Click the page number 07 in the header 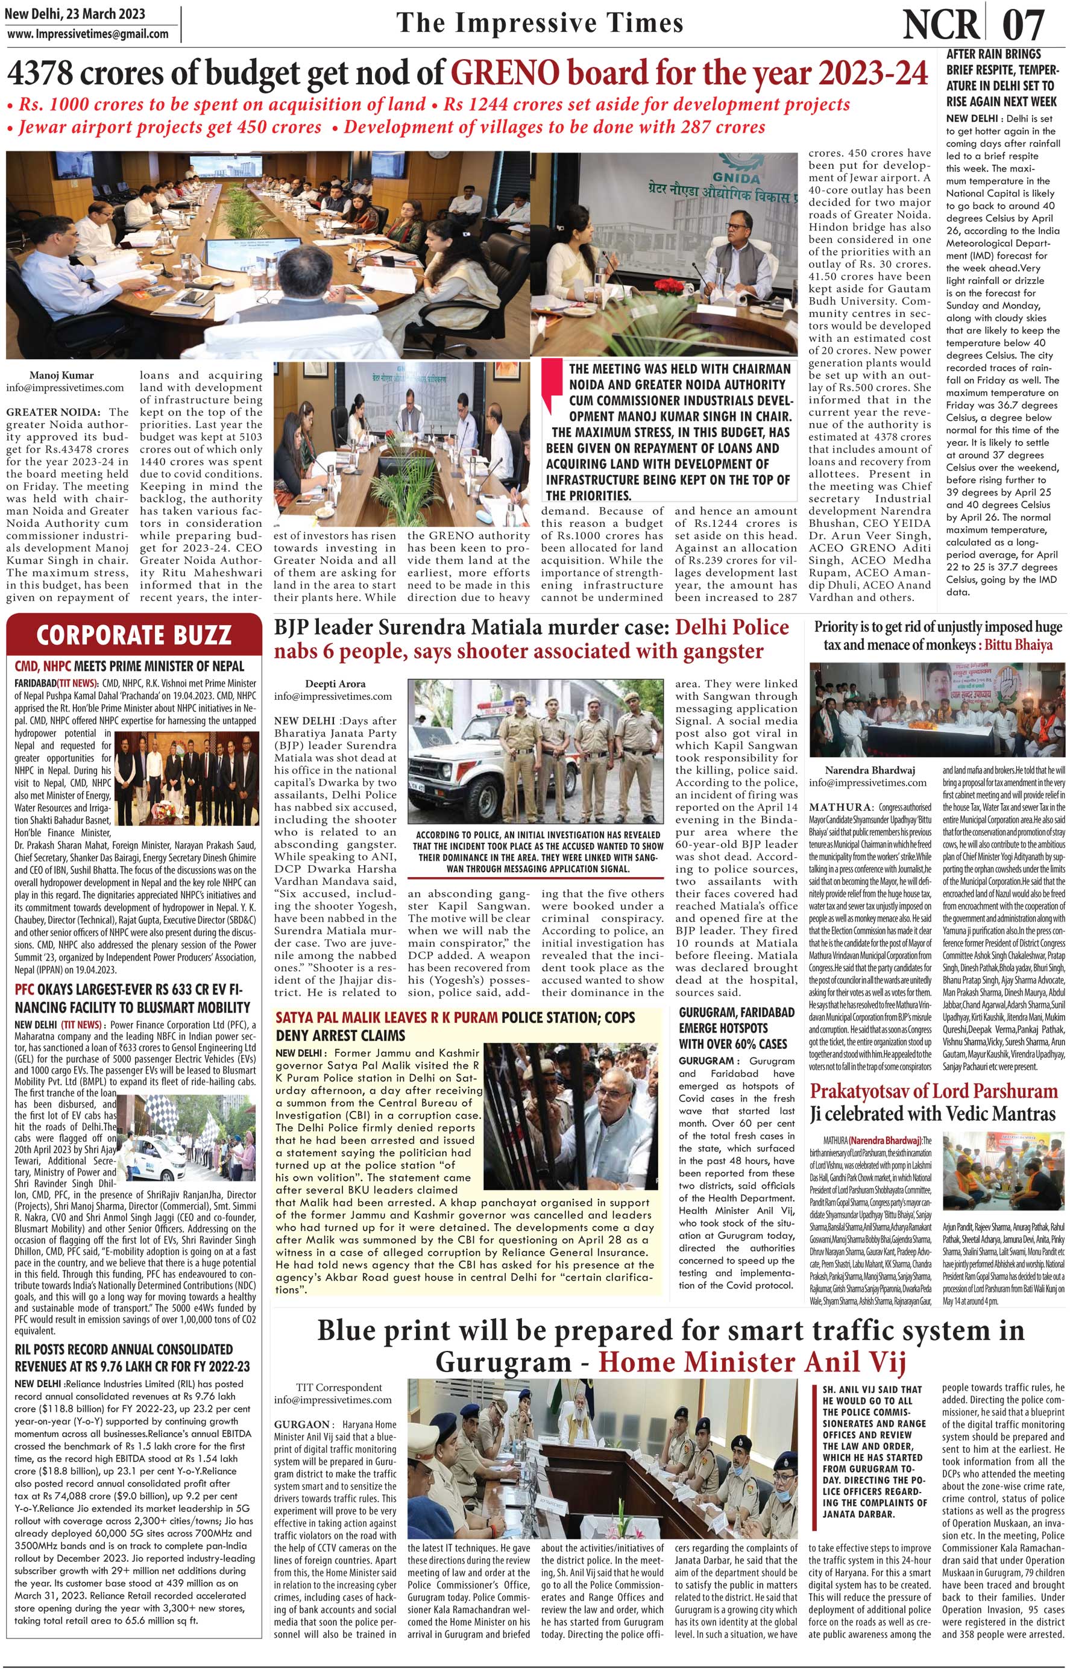coord(1024,26)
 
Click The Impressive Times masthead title coord(540,23)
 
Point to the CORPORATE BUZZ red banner coord(133,634)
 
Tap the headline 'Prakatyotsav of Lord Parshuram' coord(933,1091)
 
